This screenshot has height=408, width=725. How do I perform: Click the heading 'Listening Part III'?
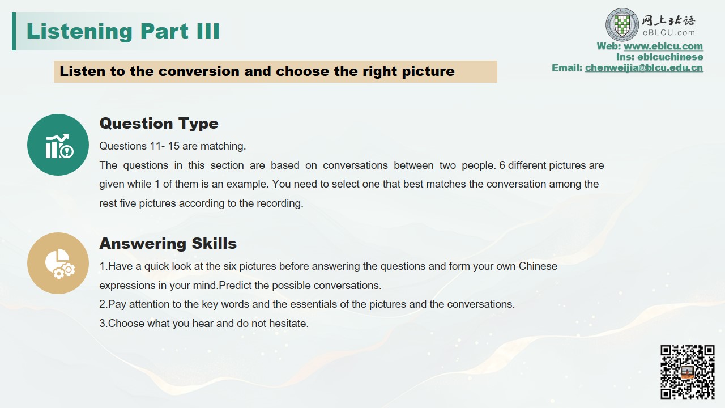[x=123, y=31]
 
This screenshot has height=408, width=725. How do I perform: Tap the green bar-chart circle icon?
[x=58, y=144]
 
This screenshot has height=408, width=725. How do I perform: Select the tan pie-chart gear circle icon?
[x=58, y=263]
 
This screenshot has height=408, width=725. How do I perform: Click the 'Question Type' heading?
[x=159, y=124]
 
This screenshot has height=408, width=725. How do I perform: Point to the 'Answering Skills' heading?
[x=168, y=244]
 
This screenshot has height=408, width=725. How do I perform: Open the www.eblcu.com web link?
[x=663, y=46]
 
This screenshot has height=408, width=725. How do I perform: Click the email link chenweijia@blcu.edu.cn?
[x=644, y=67]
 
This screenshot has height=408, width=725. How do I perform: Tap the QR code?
[x=688, y=372]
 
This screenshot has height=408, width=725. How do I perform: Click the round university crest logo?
[x=622, y=25]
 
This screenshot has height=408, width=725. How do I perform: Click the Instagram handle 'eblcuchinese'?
[x=670, y=57]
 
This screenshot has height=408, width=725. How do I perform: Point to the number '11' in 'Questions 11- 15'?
[x=155, y=146]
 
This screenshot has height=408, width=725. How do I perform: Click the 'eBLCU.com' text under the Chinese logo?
[x=669, y=33]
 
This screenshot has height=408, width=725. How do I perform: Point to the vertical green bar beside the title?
[x=14, y=31]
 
